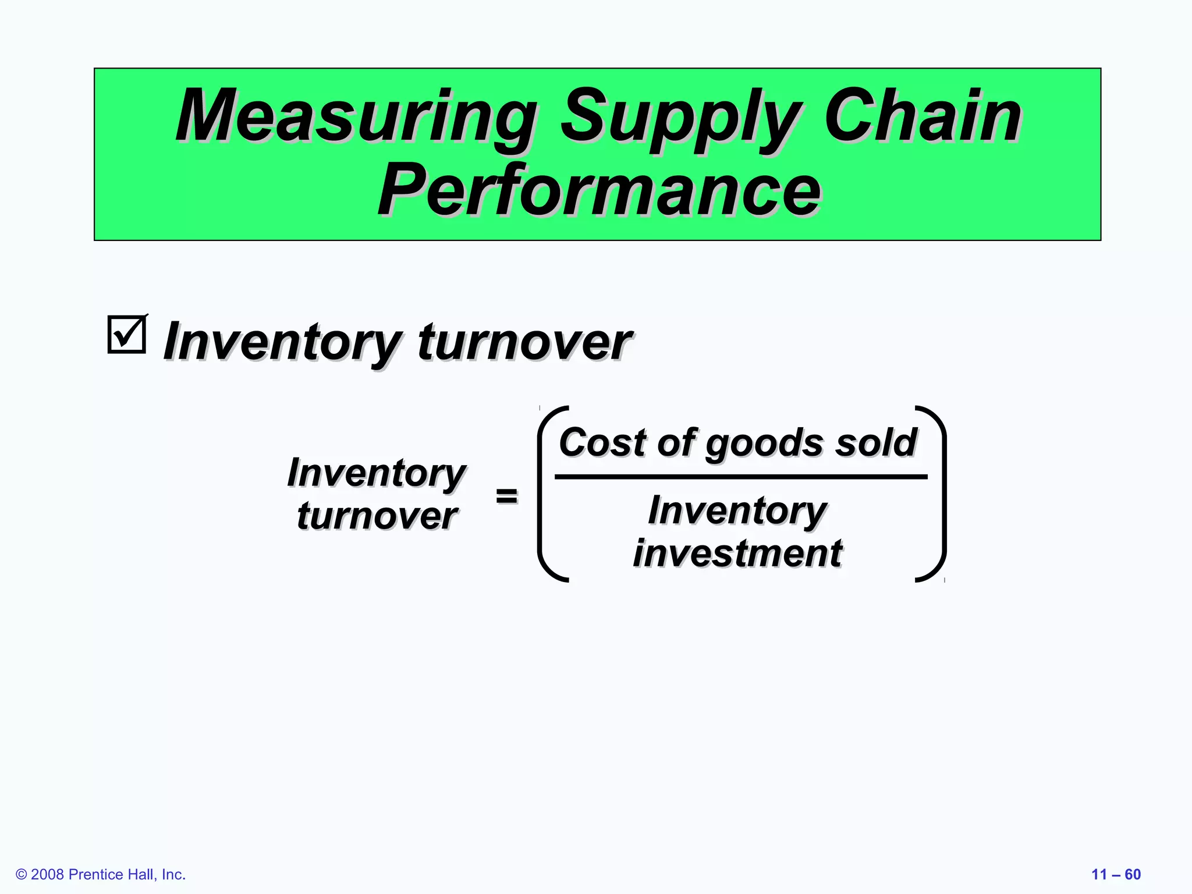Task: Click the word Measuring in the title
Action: (355, 116)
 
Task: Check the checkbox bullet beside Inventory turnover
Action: (126, 335)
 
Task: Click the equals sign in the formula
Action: (506, 496)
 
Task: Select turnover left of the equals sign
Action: (377, 516)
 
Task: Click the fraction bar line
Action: (740, 477)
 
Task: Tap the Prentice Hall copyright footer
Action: (101, 874)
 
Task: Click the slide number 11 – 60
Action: (1115, 874)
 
